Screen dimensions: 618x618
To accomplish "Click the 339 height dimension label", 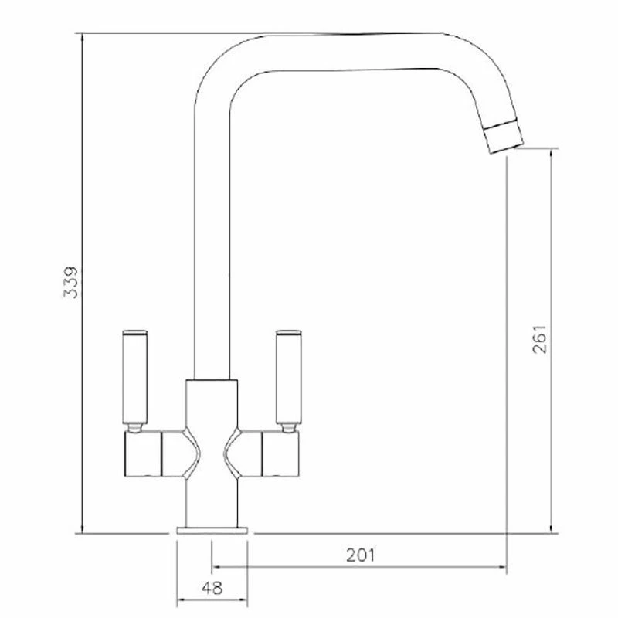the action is [71, 282].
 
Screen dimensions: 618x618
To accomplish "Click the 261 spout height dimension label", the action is [539, 339].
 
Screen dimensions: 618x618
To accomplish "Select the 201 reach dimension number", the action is [361, 555].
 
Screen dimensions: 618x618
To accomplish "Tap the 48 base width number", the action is [212, 588].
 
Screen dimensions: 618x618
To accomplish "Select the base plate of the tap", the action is [212, 531].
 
